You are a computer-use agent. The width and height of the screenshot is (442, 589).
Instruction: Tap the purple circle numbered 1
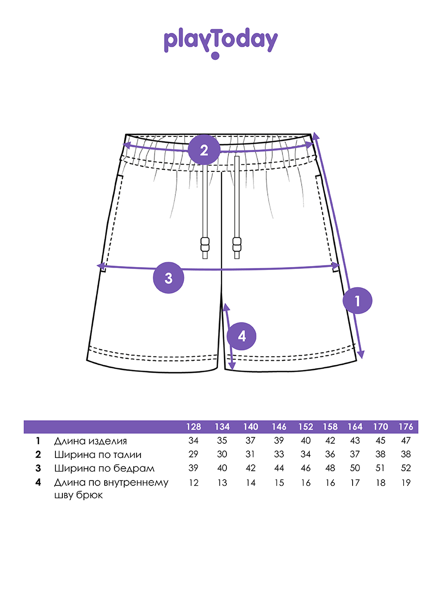click(x=358, y=300)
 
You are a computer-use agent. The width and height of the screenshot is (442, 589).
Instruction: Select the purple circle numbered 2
click(x=204, y=149)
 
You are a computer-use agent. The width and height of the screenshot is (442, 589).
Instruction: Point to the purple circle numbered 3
click(x=168, y=278)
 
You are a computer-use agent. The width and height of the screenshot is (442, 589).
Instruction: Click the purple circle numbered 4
click(x=242, y=336)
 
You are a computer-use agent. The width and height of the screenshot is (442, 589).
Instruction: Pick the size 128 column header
click(x=193, y=427)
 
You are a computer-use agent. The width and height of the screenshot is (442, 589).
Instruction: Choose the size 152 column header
click(x=305, y=427)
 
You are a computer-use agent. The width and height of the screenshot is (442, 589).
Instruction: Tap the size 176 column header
click(x=406, y=427)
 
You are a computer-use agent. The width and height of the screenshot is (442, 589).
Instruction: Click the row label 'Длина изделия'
click(x=90, y=441)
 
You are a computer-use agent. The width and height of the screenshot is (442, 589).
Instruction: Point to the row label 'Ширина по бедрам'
click(x=104, y=468)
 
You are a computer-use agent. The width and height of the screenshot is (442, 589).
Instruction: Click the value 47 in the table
click(x=406, y=441)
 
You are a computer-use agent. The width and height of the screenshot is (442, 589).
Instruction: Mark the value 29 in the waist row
click(x=193, y=455)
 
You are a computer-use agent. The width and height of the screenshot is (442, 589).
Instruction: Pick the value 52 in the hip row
click(x=406, y=468)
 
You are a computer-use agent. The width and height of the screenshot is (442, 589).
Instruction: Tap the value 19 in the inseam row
click(x=406, y=483)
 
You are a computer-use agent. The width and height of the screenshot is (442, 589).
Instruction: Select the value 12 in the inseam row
click(x=193, y=483)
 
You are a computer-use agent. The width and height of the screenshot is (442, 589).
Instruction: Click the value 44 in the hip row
click(x=279, y=468)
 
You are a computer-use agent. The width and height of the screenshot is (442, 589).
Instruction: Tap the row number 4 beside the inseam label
click(x=38, y=482)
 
